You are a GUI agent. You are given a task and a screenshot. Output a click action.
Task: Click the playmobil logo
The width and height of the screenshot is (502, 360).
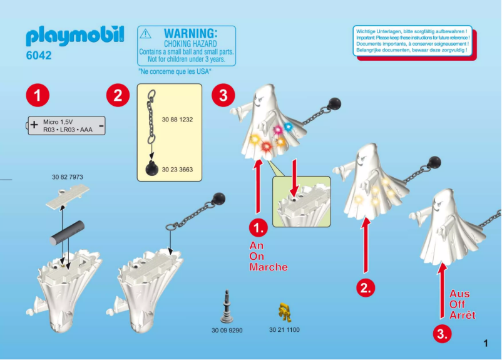[74, 36]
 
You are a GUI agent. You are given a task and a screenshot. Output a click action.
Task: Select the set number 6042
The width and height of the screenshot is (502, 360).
[39, 56]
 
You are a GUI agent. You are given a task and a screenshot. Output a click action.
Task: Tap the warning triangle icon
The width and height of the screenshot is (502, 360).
[145, 34]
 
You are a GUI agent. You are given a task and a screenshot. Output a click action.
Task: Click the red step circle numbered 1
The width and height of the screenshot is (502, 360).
[38, 96]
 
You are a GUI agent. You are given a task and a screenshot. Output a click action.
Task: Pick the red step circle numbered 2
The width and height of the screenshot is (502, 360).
[117, 96]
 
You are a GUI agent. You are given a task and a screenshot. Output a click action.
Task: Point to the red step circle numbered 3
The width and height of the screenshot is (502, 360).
[223, 96]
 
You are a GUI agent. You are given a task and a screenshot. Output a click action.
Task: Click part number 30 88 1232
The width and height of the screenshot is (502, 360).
[177, 119]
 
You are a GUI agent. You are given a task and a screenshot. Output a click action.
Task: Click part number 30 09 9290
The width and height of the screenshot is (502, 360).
[227, 329]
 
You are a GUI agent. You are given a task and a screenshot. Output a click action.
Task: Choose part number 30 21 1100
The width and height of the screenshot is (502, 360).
[285, 329]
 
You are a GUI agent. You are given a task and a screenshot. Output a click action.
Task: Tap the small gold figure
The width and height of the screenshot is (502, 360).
[285, 310]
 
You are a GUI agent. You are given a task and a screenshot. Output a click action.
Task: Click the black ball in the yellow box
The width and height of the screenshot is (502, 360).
[151, 169]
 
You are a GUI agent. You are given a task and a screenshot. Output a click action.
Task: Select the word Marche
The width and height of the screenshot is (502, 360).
[269, 267]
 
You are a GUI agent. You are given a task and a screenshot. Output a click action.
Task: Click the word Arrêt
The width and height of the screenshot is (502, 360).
[462, 315]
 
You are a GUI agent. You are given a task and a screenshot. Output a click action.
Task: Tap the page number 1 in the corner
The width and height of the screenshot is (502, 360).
[485, 342]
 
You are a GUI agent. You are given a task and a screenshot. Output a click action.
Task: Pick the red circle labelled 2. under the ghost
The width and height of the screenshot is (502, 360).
[366, 287]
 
